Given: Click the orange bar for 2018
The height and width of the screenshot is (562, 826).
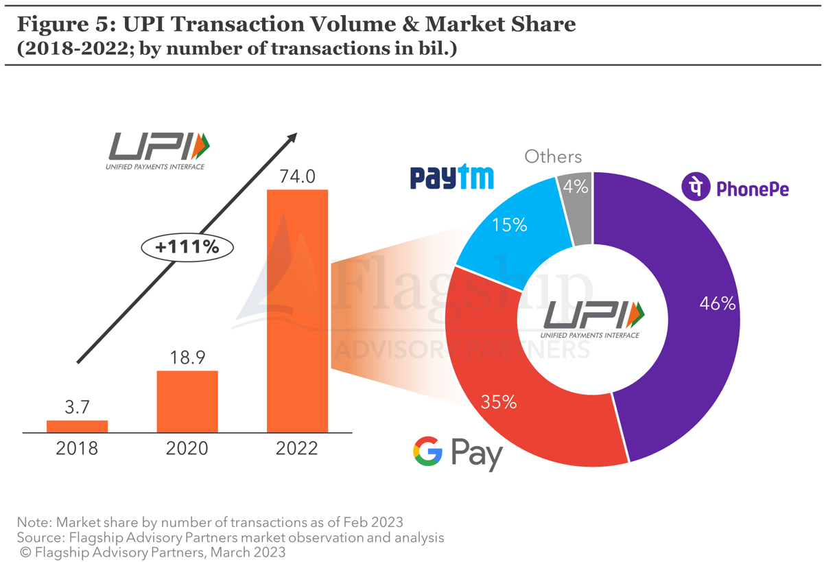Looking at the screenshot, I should (77, 426).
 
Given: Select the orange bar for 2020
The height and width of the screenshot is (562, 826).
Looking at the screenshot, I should (187, 401).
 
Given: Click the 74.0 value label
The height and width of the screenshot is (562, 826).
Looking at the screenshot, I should (297, 176).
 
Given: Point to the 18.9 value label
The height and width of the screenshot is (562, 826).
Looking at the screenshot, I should (187, 358).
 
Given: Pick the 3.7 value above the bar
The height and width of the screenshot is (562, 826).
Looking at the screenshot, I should (77, 407).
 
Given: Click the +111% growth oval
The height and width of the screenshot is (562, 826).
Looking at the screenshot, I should (187, 247).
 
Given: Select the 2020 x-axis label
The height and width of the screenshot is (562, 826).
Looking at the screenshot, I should (187, 449).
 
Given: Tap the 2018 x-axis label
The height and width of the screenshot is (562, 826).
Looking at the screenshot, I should (77, 449).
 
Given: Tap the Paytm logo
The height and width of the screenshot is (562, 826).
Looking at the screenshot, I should (451, 177).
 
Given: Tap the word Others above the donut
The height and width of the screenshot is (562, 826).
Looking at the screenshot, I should (553, 156).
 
